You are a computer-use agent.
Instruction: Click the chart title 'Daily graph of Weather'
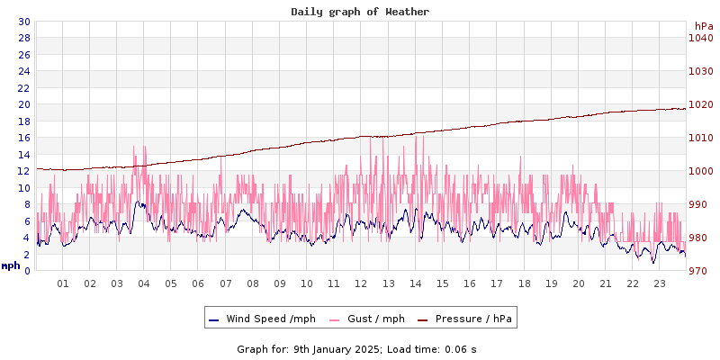(360, 12)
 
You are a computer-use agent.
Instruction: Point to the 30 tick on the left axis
(23, 22)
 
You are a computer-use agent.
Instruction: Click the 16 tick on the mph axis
(23, 138)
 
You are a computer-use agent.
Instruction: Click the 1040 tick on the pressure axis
(700, 38)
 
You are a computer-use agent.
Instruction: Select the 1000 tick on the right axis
(700, 171)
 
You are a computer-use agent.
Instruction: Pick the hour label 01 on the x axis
(63, 284)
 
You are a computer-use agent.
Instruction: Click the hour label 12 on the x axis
(362, 284)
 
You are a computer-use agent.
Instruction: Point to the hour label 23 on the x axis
(660, 284)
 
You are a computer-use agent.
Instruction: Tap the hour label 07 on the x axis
(226, 284)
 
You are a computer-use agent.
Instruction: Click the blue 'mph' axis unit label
(11, 265)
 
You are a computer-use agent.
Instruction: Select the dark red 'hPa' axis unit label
(703, 26)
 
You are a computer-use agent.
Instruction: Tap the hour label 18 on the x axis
(524, 284)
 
